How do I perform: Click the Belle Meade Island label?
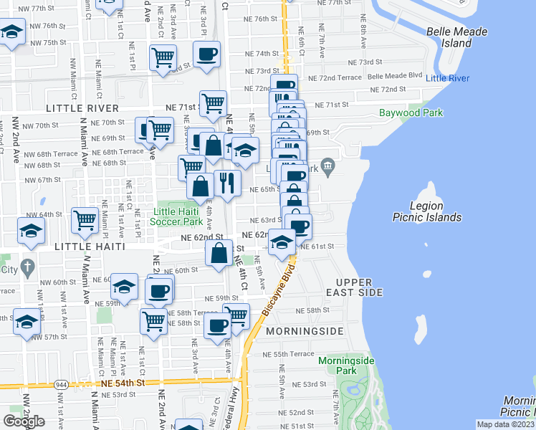click(x=456, y=37)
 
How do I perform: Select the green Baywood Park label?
click(x=411, y=113)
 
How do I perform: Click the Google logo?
click(x=24, y=421)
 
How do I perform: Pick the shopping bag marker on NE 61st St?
click(x=219, y=253)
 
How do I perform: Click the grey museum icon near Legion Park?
click(x=328, y=168)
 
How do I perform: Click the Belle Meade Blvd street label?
click(x=395, y=75)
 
